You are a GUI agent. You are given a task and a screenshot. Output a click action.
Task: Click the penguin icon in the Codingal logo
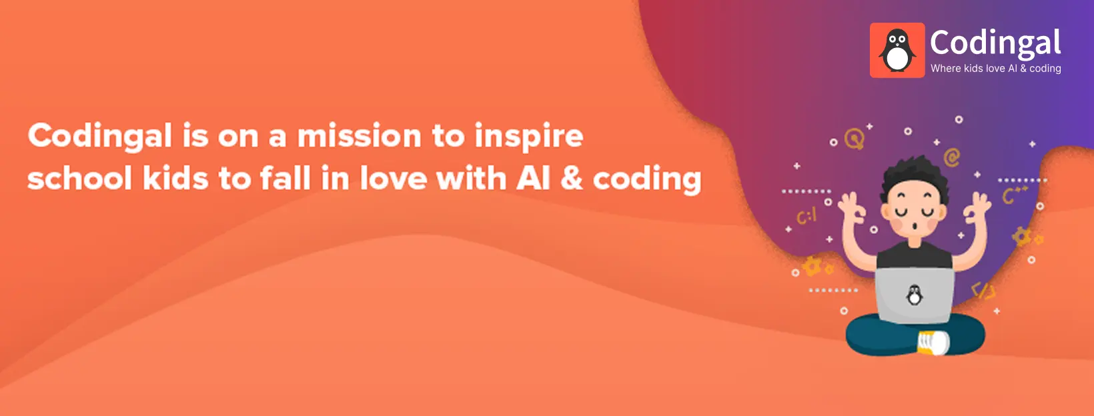tap(897, 50)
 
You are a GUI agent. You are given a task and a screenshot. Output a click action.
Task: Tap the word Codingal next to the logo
tap(995, 43)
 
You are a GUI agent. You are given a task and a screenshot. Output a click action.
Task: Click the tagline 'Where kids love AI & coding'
tap(995, 68)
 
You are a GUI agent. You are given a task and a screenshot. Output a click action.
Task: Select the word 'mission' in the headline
tap(359, 136)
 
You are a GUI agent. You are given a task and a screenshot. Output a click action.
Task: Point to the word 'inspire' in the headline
tap(529, 137)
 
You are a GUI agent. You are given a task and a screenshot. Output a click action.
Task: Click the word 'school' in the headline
tap(79, 179)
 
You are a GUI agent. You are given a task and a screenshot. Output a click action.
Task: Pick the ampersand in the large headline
tap(571, 179)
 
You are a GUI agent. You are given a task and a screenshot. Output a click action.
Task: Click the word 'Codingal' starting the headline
tap(100, 137)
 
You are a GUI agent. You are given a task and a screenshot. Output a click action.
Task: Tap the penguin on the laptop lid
tap(915, 294)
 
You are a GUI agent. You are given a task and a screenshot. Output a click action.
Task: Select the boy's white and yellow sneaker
tap(933, 342)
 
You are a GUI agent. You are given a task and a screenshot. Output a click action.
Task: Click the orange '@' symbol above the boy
tap(952, 157)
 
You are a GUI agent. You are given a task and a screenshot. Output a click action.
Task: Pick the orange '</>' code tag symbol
tap(983, 291)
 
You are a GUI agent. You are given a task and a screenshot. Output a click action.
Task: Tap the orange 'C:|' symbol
tap(806, 216)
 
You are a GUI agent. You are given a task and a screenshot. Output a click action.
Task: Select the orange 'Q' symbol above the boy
tap(855, 139)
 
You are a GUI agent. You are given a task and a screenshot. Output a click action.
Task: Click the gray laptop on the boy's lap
tap(915, 295)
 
